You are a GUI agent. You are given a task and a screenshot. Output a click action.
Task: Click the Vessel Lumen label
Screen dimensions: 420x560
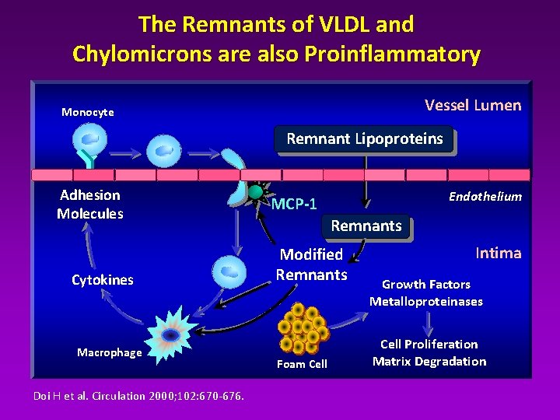point(473,105)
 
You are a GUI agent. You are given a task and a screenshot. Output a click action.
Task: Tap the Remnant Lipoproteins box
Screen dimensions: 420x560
point(364,139)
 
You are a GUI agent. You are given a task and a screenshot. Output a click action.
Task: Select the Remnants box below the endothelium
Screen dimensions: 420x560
point(366,226)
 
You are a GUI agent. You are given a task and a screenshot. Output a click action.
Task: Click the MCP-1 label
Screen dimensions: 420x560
point(294,205)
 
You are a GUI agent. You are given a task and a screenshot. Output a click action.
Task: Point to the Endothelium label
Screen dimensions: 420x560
point(485,197)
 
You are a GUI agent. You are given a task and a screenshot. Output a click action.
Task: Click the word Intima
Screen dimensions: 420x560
point(498,253)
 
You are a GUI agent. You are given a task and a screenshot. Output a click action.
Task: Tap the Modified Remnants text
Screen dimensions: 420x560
point(311,264)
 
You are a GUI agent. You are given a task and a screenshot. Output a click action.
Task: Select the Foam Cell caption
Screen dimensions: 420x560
point(302,364)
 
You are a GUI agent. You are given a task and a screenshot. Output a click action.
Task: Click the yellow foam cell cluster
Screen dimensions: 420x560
point(303,328)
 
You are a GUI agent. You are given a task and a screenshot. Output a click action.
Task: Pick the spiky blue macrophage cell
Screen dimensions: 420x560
point(170,335)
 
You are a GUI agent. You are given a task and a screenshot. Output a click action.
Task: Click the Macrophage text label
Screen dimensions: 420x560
point(110,353)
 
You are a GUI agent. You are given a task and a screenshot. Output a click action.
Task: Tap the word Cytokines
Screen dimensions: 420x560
point(102,280)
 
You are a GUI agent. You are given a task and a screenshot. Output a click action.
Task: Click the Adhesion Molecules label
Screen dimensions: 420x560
point(90,205)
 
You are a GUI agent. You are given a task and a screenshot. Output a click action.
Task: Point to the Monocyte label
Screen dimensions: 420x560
point(88,112)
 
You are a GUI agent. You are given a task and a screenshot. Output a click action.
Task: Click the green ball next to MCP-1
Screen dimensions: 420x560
point(255,192)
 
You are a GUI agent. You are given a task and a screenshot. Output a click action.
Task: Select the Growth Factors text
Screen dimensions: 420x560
point(425,285)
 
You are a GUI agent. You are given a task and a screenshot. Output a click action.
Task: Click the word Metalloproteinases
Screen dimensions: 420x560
point(425,302)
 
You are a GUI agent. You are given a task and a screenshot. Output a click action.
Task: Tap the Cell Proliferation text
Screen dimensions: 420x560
point(429,344)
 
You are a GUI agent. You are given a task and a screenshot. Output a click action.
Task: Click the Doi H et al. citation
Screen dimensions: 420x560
point(138,396)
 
